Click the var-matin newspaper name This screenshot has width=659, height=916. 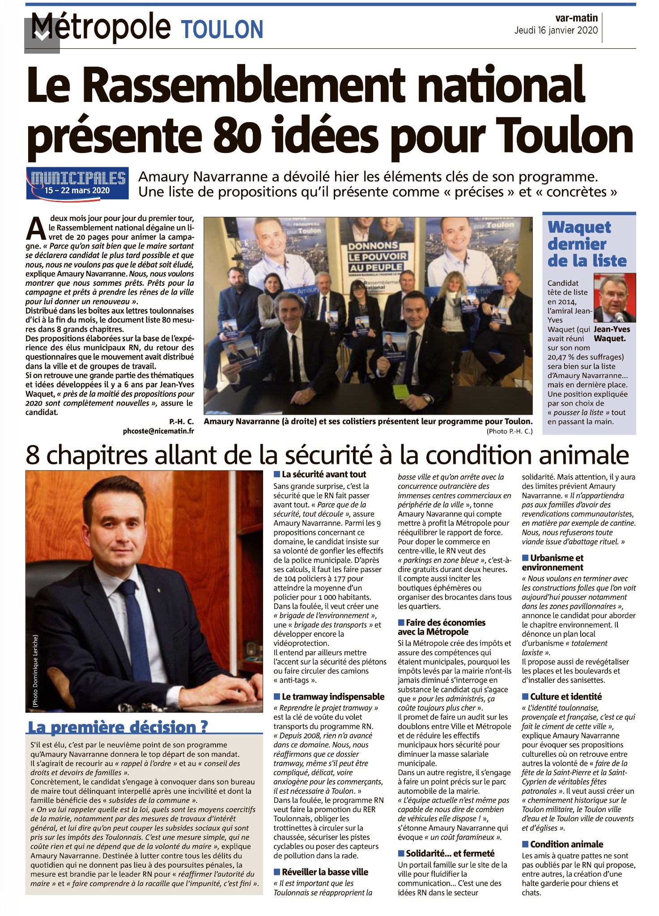[576, 18]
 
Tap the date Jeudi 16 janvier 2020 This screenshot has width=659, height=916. [556, 30]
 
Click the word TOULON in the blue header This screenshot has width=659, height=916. [222, 30]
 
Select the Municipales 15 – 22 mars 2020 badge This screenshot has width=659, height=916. [77, 182]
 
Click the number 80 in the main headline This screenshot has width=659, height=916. [237, 136]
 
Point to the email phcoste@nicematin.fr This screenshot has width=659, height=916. [158, 431]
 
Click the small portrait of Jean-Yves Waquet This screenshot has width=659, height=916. [614, 297]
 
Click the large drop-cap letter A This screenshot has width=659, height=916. [36, 228]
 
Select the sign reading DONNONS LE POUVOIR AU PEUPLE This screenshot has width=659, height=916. [377, 257]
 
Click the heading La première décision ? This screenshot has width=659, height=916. [118, 727]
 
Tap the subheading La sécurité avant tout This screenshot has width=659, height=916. [323, 475]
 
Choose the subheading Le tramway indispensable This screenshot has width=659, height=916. [333, 696]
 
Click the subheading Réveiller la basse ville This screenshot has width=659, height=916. [325, 872]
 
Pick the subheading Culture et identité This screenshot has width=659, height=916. [565, 696]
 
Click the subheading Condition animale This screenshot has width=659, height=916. [566, 844]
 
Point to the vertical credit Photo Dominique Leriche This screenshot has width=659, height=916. [35, 671]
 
